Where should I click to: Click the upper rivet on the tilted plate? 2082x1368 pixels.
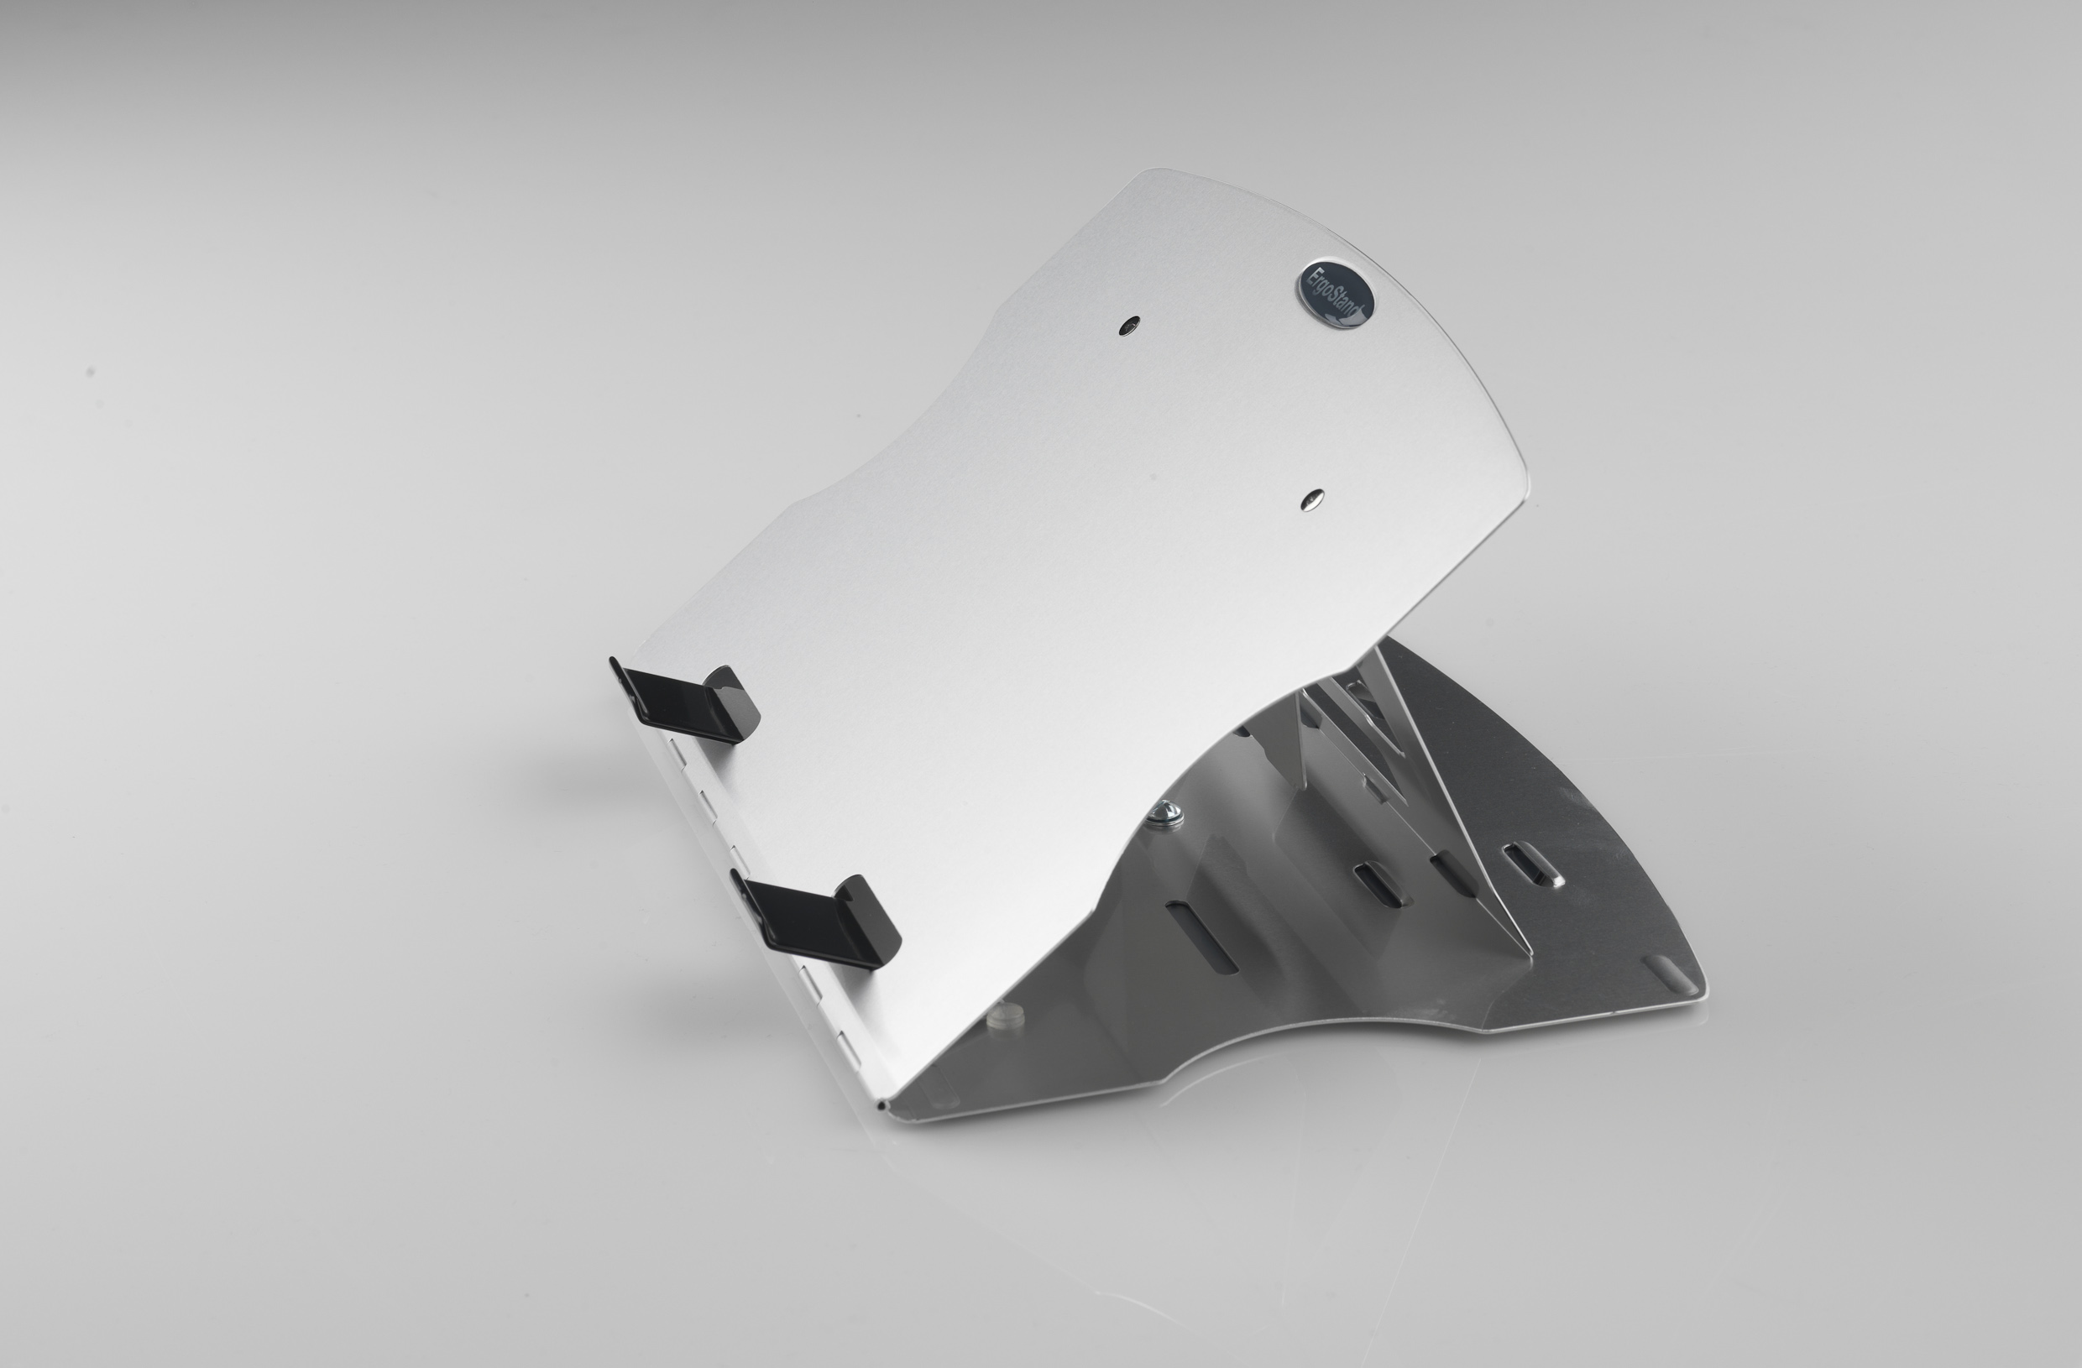click(1130, 326)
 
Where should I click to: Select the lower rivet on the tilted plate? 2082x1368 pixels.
click(1312, 499)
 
